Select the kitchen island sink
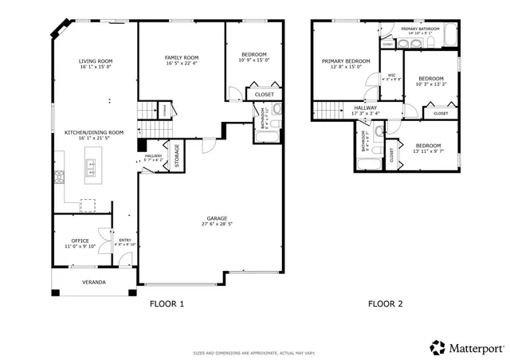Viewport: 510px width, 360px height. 91,168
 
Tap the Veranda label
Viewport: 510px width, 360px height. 94,282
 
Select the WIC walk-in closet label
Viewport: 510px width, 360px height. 390,77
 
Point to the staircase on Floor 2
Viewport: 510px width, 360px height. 326,110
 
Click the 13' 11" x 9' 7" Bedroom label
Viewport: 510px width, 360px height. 429,147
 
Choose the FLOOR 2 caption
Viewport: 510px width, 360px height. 385,303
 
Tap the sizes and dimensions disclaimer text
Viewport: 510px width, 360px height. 254,353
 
